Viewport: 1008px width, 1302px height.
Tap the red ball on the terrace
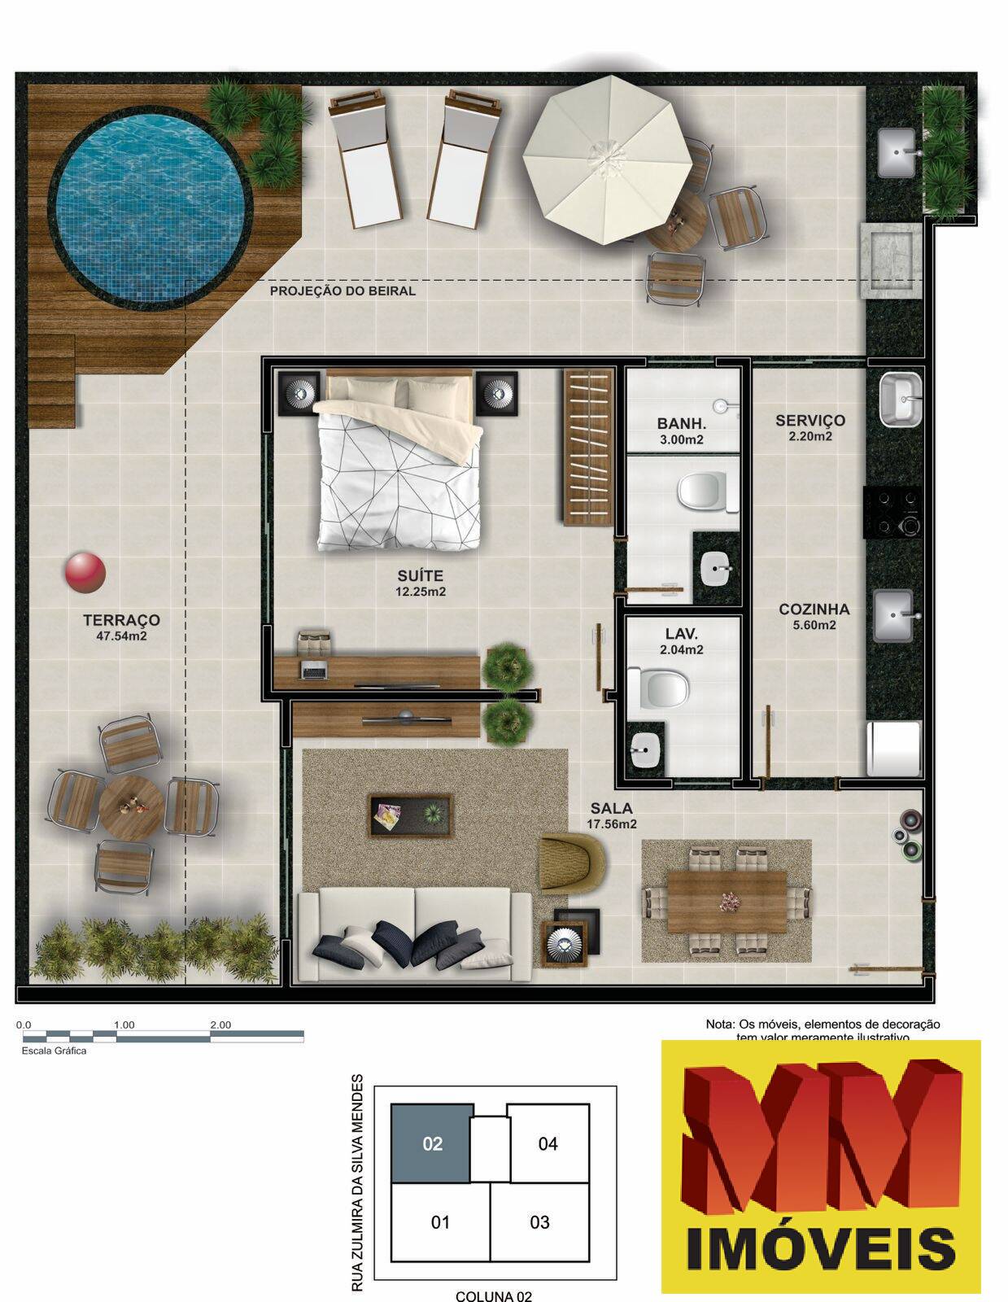click(85, 573)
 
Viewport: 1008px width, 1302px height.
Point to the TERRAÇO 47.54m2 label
click(121, 627)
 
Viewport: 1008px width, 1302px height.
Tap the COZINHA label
click(814, 609)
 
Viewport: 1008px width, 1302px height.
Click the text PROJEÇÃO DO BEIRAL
click(343, 291)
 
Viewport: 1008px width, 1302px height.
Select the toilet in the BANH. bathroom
click(700, 492)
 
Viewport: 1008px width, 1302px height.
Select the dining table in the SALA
click(727, 901)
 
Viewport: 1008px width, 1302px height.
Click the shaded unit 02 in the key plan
click(432, 1143)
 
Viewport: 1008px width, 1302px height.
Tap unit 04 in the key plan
click(548, 1143)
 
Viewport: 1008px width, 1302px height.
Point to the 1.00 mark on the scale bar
click(124, 1025)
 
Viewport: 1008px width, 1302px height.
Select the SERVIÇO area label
click(809, 421)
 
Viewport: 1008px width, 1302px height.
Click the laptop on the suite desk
click(314, 671)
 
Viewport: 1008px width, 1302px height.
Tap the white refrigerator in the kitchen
click(893, 749)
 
